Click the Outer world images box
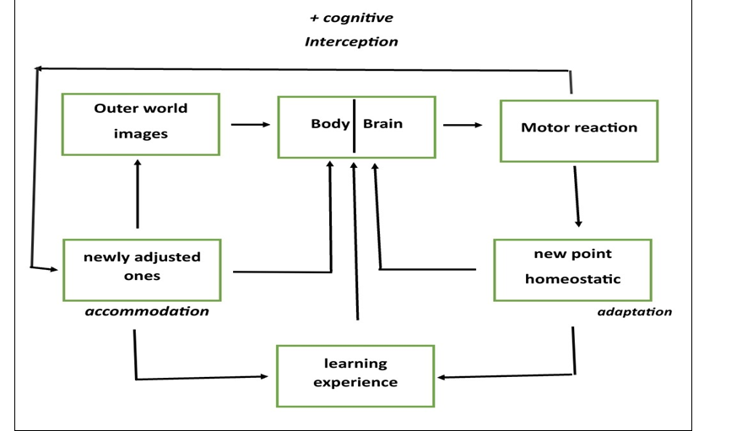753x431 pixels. tap(141, 124)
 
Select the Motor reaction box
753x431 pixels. tap(578, 131)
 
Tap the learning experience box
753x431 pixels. tap(355, 375)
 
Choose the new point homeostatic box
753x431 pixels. tap(572, 270)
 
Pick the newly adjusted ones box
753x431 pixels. tap(142, 270)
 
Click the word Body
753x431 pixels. tap(330, 124)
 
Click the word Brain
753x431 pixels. tap(382, 124)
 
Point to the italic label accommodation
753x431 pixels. tap(147, 311)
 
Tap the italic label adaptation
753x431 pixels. tap(634, 312)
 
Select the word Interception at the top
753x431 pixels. tap(351, 41)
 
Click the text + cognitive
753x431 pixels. tap(351, 18)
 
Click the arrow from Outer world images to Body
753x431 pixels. tap(250, 125)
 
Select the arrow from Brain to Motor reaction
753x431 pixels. tap(463, 126)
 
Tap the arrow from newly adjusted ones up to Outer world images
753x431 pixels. tap(137, 194)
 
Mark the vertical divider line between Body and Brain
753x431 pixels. tap(354, 126)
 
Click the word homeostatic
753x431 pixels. tap(572, 279)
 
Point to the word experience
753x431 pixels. tap(355, 383)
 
